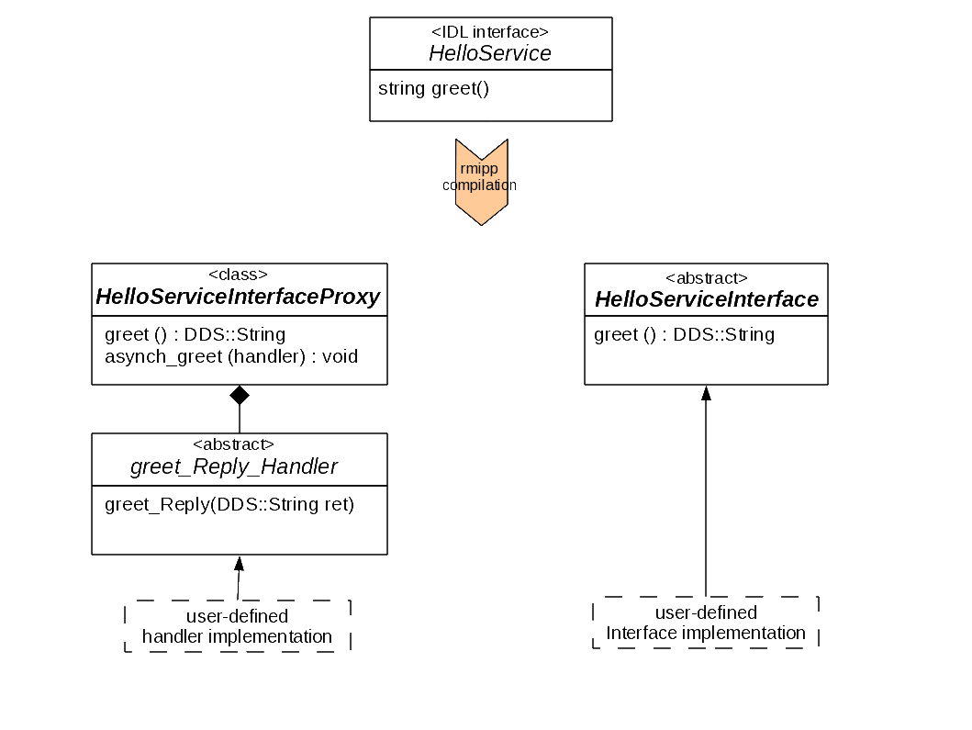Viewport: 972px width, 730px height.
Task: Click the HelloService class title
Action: coord(490,53)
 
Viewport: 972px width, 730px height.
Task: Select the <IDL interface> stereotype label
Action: coord(490,32)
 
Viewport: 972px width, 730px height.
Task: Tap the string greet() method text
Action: coord(433,89)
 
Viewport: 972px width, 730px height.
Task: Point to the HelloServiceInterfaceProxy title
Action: coord(238,297)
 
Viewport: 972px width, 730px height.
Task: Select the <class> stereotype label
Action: coord(239,275)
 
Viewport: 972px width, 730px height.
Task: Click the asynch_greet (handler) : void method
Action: coord(231,356)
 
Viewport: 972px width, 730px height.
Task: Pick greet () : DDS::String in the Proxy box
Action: coord(195,334)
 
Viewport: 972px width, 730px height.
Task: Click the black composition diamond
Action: coord(240,396)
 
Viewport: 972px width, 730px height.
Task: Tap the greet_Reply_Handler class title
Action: coord(234,466)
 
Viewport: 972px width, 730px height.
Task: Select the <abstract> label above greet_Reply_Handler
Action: coord(234,444)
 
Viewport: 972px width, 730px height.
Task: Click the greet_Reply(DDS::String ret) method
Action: coord(229,504)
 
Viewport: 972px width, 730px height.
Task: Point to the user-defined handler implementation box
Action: coord(238,626)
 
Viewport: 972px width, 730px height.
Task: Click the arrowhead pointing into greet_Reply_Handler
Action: coord(240,563)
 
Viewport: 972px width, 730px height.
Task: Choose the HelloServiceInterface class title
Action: coord(706,299)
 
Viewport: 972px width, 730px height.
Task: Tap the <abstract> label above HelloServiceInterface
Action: coord(706,277)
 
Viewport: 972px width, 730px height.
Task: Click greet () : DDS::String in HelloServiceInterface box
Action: coord(684,334)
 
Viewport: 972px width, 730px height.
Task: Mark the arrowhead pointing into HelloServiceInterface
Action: coord(706,393)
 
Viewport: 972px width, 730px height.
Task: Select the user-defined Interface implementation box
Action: coord(706,623)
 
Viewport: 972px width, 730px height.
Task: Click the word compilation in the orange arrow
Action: coord(479,185)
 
